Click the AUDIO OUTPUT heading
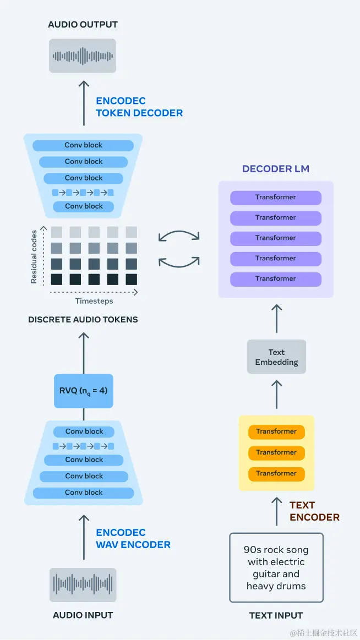[x=83, y=24]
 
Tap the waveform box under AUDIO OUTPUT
[x=83, y=56]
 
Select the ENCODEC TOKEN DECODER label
[x=139, y=107]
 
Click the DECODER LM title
[x=275, y=169]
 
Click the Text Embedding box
[x=276, y=357]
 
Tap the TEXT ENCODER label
[x=314, y=511]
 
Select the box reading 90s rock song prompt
[x=276, y=567]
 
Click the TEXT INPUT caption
[x=276, y=615]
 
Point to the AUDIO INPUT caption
[x=83, y=615]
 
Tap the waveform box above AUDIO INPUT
[x=83, y=584]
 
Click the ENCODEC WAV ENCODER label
[x=133, y=538]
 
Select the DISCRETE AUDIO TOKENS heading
[x=83, y=319]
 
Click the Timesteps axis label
[x=94, y=301]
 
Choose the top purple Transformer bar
[x=276, y=198]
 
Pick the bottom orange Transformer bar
[x=276, y=473]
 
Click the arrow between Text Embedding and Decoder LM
[x=276, y=318]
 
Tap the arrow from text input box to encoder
[x=276, y=511]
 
